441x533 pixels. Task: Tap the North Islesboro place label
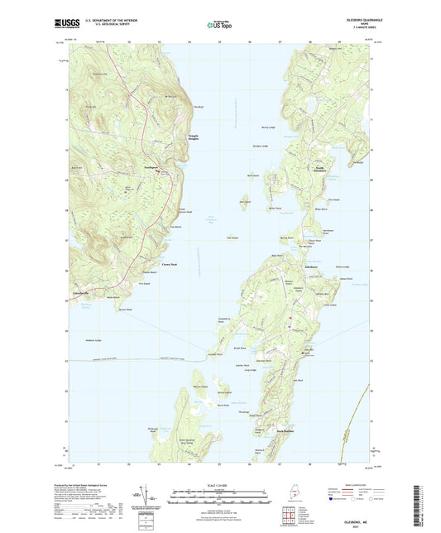[x=317, y=169]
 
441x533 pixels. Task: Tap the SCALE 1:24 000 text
[x=219, y=483]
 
